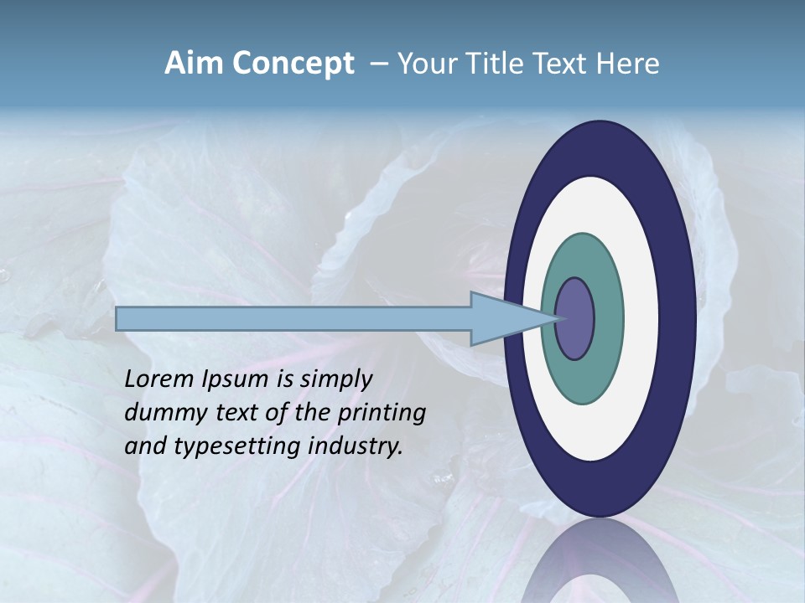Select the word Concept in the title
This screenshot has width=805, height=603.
pos(293,64)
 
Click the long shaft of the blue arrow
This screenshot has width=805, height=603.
pos(293,319)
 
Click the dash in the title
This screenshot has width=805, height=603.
pos(378,64)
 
